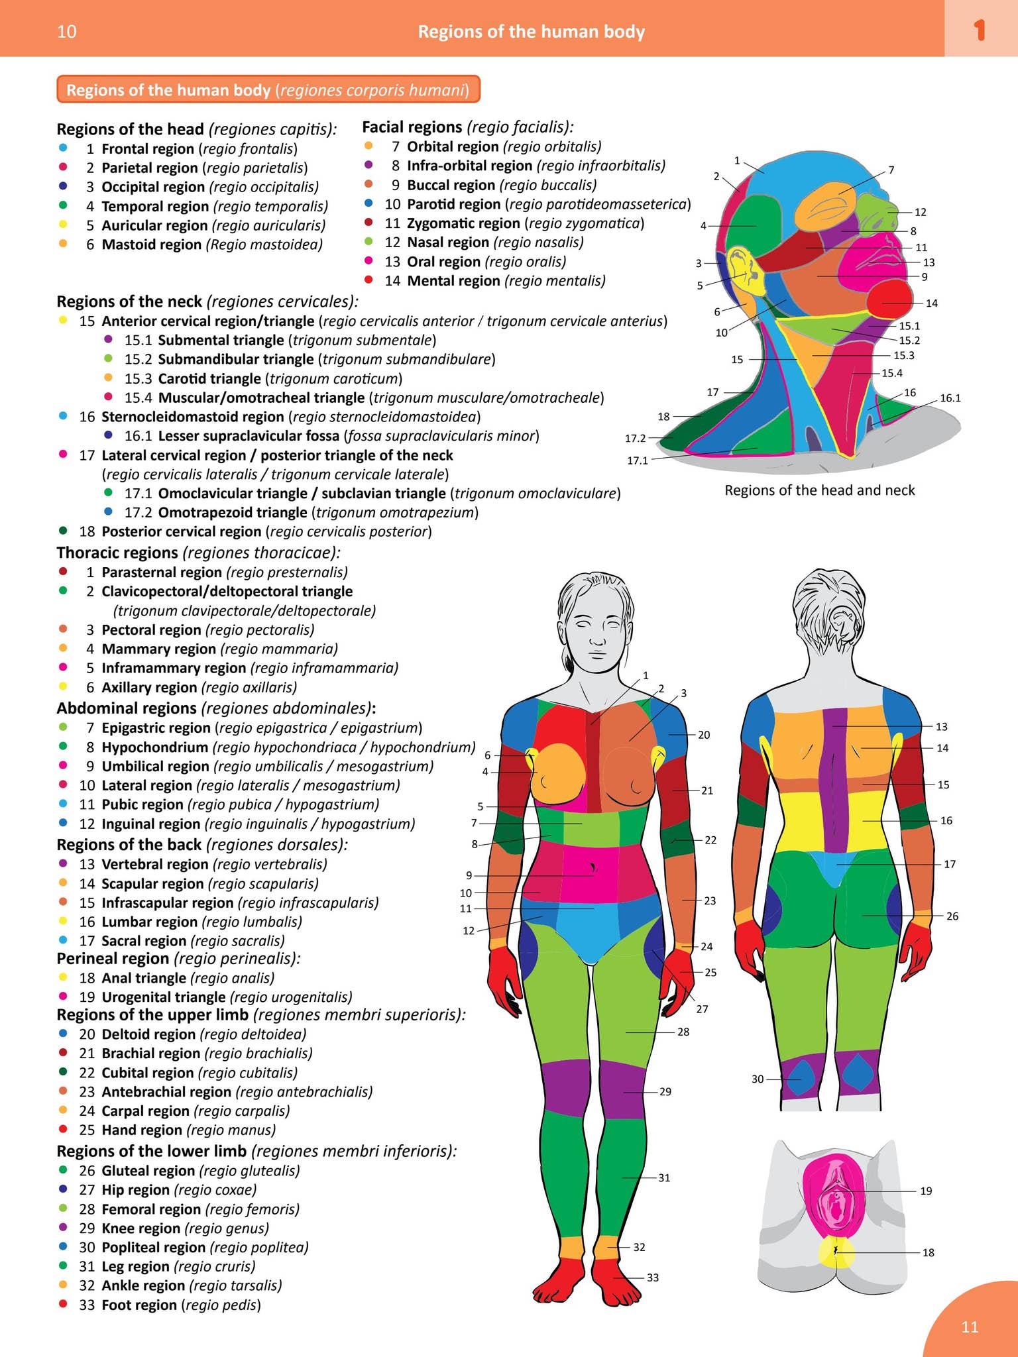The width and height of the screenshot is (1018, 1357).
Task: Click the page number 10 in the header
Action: click(67, 32)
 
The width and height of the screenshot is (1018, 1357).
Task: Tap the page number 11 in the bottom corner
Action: click(970, 1327)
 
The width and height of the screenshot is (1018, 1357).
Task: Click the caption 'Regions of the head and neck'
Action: click(819, 490)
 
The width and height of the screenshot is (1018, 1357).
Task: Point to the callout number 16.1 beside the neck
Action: click(950, 398)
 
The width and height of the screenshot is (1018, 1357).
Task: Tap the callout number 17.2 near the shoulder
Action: click(635, 438)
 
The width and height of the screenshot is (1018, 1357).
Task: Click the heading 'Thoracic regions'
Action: click(117, 553)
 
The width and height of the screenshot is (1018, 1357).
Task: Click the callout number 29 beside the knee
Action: click(665, 1091)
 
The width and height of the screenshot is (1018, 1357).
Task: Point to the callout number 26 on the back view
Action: click(952, 916)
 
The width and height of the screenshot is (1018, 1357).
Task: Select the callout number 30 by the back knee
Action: click(758, 1079)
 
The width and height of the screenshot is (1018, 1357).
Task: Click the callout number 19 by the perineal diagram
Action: click(926, 1191)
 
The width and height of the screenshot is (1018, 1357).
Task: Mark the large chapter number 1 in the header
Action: click(980, 30)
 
